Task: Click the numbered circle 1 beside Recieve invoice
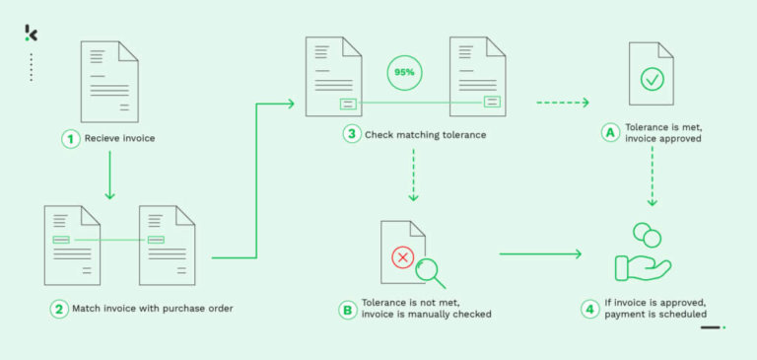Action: (x=70, y=139)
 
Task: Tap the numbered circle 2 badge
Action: (x=59, y=309)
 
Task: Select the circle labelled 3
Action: (x=351, y=134)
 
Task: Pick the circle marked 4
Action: (x=589, y=309)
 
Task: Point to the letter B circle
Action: (x=347, y=309)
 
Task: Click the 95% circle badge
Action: (x=403, y=73)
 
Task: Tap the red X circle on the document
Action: (x=402, y=257)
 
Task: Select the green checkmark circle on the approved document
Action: (x=652, y=79)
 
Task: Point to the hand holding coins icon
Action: (x=642, y=254)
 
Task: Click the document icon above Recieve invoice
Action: (x=107, y=82)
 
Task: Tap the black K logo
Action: (x=31, y=34)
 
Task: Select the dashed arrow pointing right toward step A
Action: (x=562, y=103)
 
